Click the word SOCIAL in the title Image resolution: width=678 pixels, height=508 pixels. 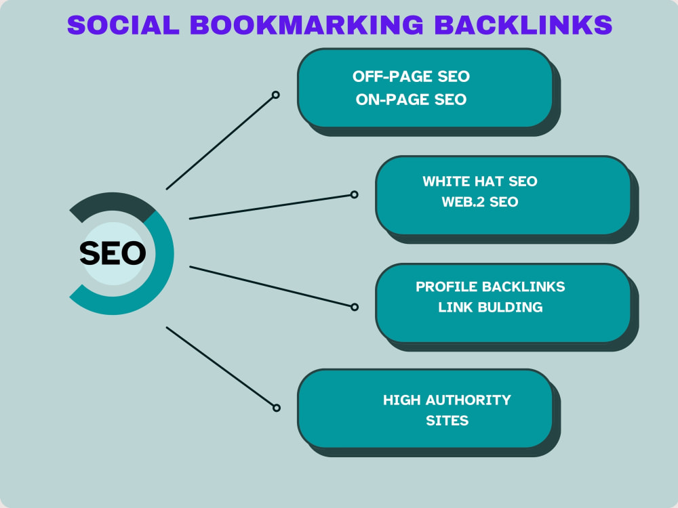(x=123, y=24)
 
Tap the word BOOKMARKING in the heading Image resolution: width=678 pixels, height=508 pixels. (x=306, y=24)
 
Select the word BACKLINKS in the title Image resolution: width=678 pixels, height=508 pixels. (x=523, y=24)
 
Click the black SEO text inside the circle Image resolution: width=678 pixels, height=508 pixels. (x=113, y=253)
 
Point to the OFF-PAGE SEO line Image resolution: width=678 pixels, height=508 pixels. (x=411, y=77)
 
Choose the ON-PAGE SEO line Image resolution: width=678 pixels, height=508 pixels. (x=411, y=100)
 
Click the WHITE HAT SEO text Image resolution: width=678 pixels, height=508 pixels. (x=480, y=182)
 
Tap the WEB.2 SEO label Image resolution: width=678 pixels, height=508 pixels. (x=480, y=202)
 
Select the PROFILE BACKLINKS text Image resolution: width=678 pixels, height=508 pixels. (x=490, y=287)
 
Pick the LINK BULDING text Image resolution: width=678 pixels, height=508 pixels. (x=490, y=307)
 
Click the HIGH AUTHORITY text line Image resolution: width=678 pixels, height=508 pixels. (x=447, y=400)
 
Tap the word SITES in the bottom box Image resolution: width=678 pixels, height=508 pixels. (x=447, y=421)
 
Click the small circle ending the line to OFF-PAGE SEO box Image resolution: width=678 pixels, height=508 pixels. (x=275, y=95)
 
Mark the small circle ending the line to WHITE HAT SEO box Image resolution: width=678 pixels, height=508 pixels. (x=354, y=194)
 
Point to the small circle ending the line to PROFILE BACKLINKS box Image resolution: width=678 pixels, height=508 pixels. (x=355, y=307)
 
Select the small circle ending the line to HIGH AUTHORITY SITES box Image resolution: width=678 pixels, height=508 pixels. (x=277, y=408)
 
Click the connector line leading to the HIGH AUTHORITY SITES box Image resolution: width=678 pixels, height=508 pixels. (x=220, y=367)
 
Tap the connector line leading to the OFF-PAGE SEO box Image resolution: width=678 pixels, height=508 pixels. (x=220, y=142)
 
